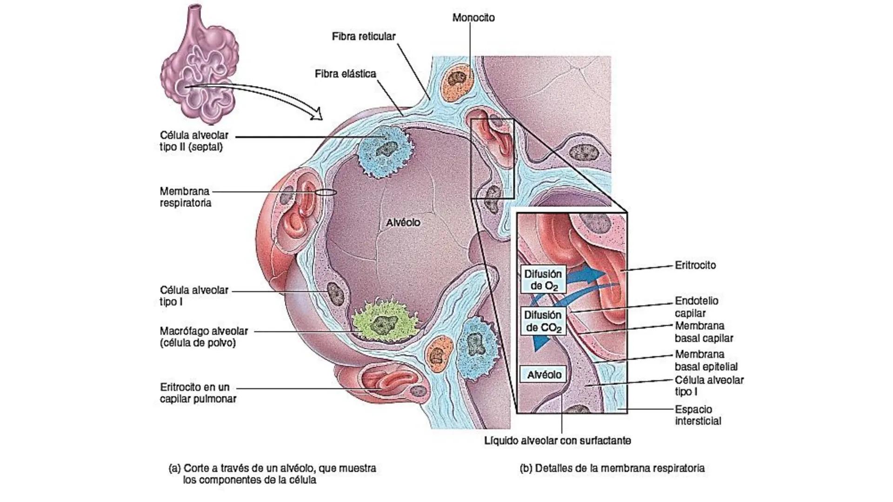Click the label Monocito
473,18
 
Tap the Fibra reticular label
363,36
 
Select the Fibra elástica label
345,73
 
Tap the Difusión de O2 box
543,280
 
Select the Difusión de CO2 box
543,321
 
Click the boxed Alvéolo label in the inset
544,375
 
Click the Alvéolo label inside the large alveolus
403,223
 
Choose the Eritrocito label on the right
695,265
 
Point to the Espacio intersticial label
698,415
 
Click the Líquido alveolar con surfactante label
558,441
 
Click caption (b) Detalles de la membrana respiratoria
612,468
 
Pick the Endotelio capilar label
696,307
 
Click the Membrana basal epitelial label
706,360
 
